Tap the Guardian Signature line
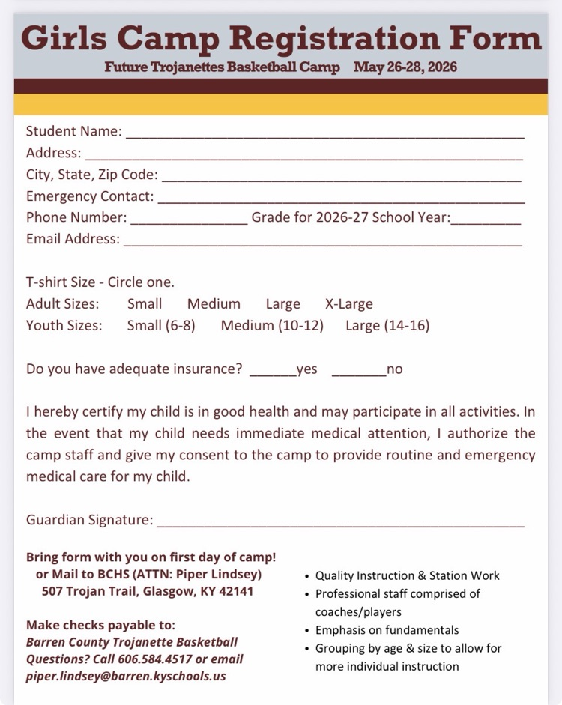coord(341,521)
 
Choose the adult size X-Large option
coord(348,304)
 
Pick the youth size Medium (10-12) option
coord(272,326)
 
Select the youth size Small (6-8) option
coord(161,326)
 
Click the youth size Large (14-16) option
coord(387,326)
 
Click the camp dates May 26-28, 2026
coord(405,67)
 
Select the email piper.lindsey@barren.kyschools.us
coord(126,676)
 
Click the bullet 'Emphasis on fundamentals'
coord(387,630)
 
